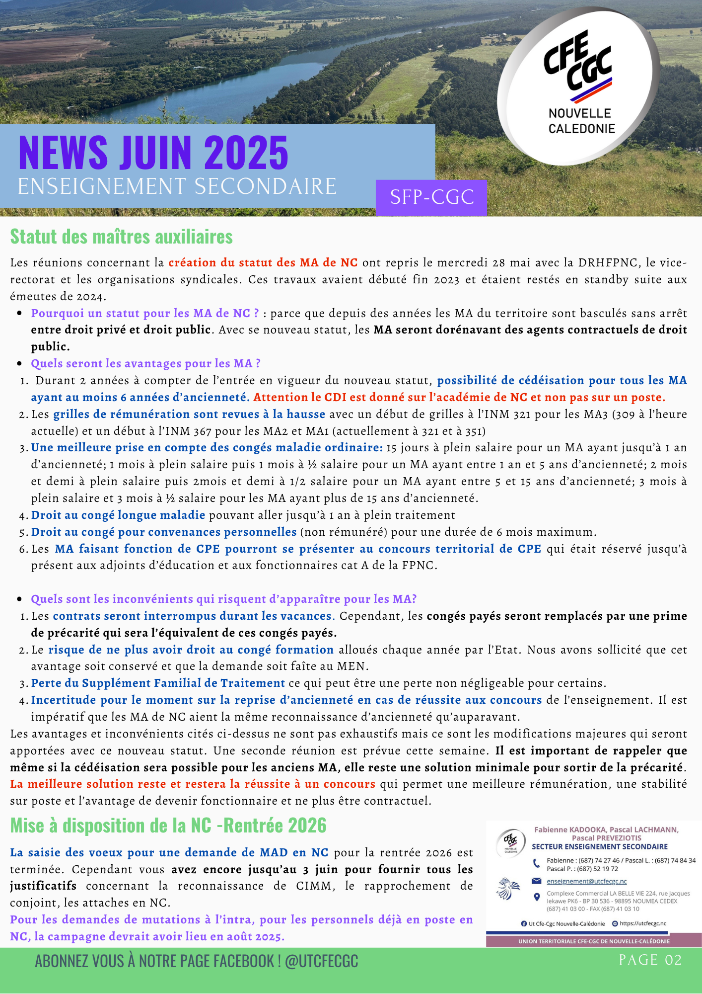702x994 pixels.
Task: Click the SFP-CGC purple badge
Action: point(431,197)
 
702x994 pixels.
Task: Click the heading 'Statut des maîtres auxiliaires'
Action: point(121,237)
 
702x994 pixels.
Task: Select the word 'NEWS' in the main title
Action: point(63,153)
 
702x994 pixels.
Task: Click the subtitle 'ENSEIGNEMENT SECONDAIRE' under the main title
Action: point(177,187)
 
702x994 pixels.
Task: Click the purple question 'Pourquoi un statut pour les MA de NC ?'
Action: point(145,313)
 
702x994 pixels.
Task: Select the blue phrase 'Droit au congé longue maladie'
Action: point(118,515)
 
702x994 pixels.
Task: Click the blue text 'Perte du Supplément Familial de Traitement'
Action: point(158,683)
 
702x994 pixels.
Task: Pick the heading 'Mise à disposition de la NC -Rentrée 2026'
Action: point(168,826)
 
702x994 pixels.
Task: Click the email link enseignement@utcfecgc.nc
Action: point(586,881)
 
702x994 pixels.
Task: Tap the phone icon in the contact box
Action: point(536,863)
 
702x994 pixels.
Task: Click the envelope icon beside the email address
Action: point(536,881)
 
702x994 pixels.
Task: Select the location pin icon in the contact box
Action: point(536,897)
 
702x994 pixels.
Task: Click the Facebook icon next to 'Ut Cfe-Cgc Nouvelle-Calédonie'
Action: point(524,923)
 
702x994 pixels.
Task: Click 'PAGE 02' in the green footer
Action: point(650,960)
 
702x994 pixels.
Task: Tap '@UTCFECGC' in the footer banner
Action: point(321,961)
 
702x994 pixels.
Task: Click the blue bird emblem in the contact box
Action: point(507,889)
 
